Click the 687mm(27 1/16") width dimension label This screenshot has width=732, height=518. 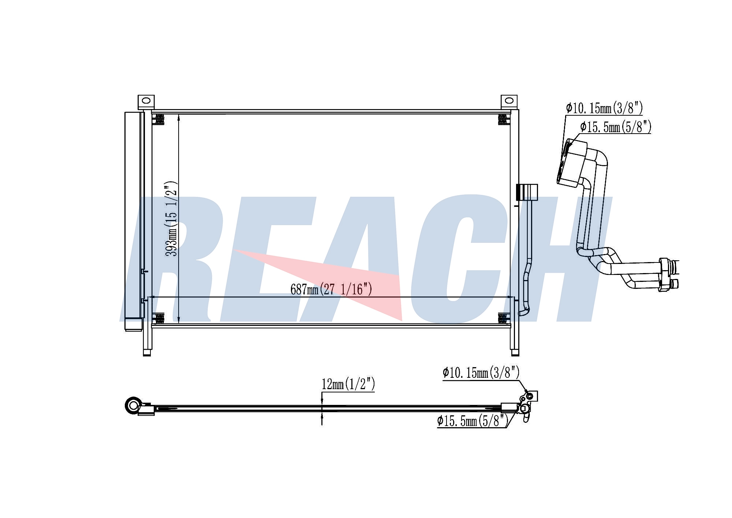click(331, 289)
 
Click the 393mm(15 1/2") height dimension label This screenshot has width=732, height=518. click(172, 219)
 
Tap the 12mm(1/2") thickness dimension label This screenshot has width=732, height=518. click(348, 384)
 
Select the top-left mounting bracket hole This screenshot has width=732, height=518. click(146, 100)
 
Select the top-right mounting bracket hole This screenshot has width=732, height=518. click(509, 100)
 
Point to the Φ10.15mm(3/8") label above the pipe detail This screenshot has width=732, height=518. click(604, 108)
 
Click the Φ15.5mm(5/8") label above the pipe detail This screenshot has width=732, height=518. click(616, 127)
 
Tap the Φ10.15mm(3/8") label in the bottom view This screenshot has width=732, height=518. click(481, 373)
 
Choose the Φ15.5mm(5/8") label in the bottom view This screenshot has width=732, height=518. click(473, 421)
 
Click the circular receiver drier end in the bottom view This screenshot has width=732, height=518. click(132, 405)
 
